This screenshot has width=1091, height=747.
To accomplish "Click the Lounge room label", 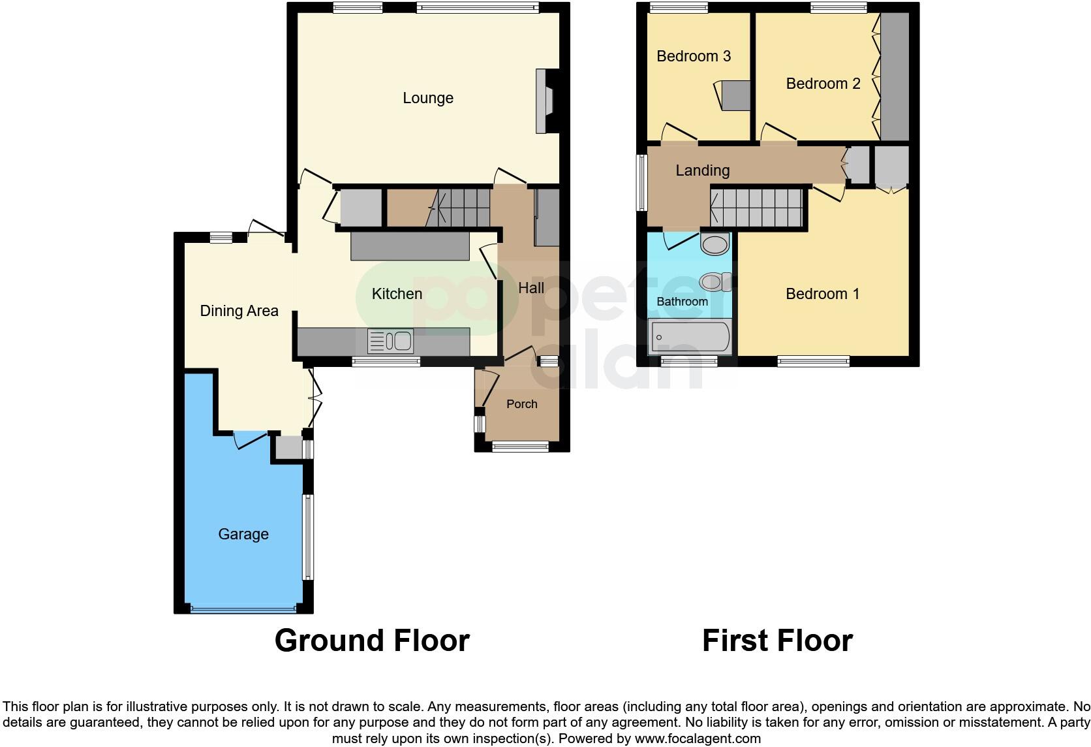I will (x=427, y=98).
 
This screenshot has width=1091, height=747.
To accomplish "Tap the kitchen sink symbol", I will (x=390, y=341).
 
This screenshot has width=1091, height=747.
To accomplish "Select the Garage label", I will (x=243, y=534).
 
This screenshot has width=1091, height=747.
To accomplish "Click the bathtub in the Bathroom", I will (x=689, y=337).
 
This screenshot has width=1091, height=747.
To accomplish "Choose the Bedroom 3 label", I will (x=693, y=56).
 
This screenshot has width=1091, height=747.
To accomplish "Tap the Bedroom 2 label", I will (x=823, y=84).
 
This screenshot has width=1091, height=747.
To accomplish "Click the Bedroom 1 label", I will (x=822, y=294).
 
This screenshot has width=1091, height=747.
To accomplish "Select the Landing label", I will (x=702, y=170).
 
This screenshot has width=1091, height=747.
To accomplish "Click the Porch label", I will (x=521, y=404).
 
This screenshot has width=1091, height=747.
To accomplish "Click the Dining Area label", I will (x=239, y=311).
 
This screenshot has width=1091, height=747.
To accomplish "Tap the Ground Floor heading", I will (x=372, y=641).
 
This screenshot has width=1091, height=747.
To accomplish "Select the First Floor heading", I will (x=776, y=641).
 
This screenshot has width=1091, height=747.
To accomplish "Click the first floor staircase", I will (x=757, y=207).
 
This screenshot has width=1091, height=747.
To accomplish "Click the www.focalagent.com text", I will (x=698, y=739).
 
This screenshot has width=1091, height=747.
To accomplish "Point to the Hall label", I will (x=530, y=288).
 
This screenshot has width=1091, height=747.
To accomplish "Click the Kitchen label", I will (x=397, y=294).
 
